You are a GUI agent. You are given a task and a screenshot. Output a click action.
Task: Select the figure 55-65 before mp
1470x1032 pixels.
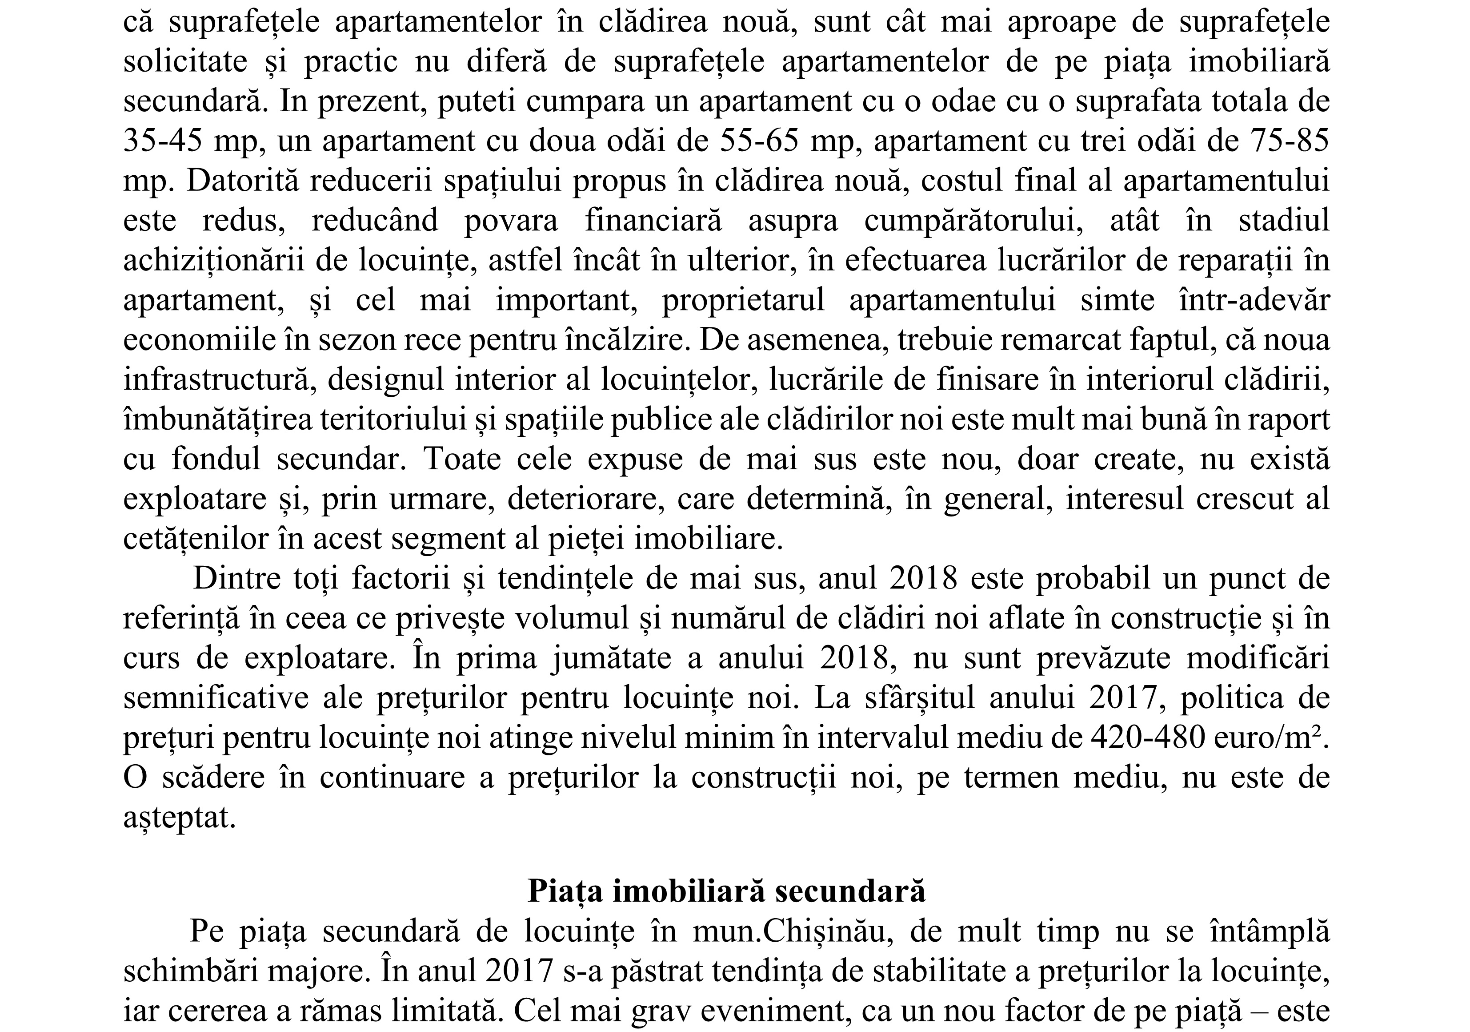tap(760, 141)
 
